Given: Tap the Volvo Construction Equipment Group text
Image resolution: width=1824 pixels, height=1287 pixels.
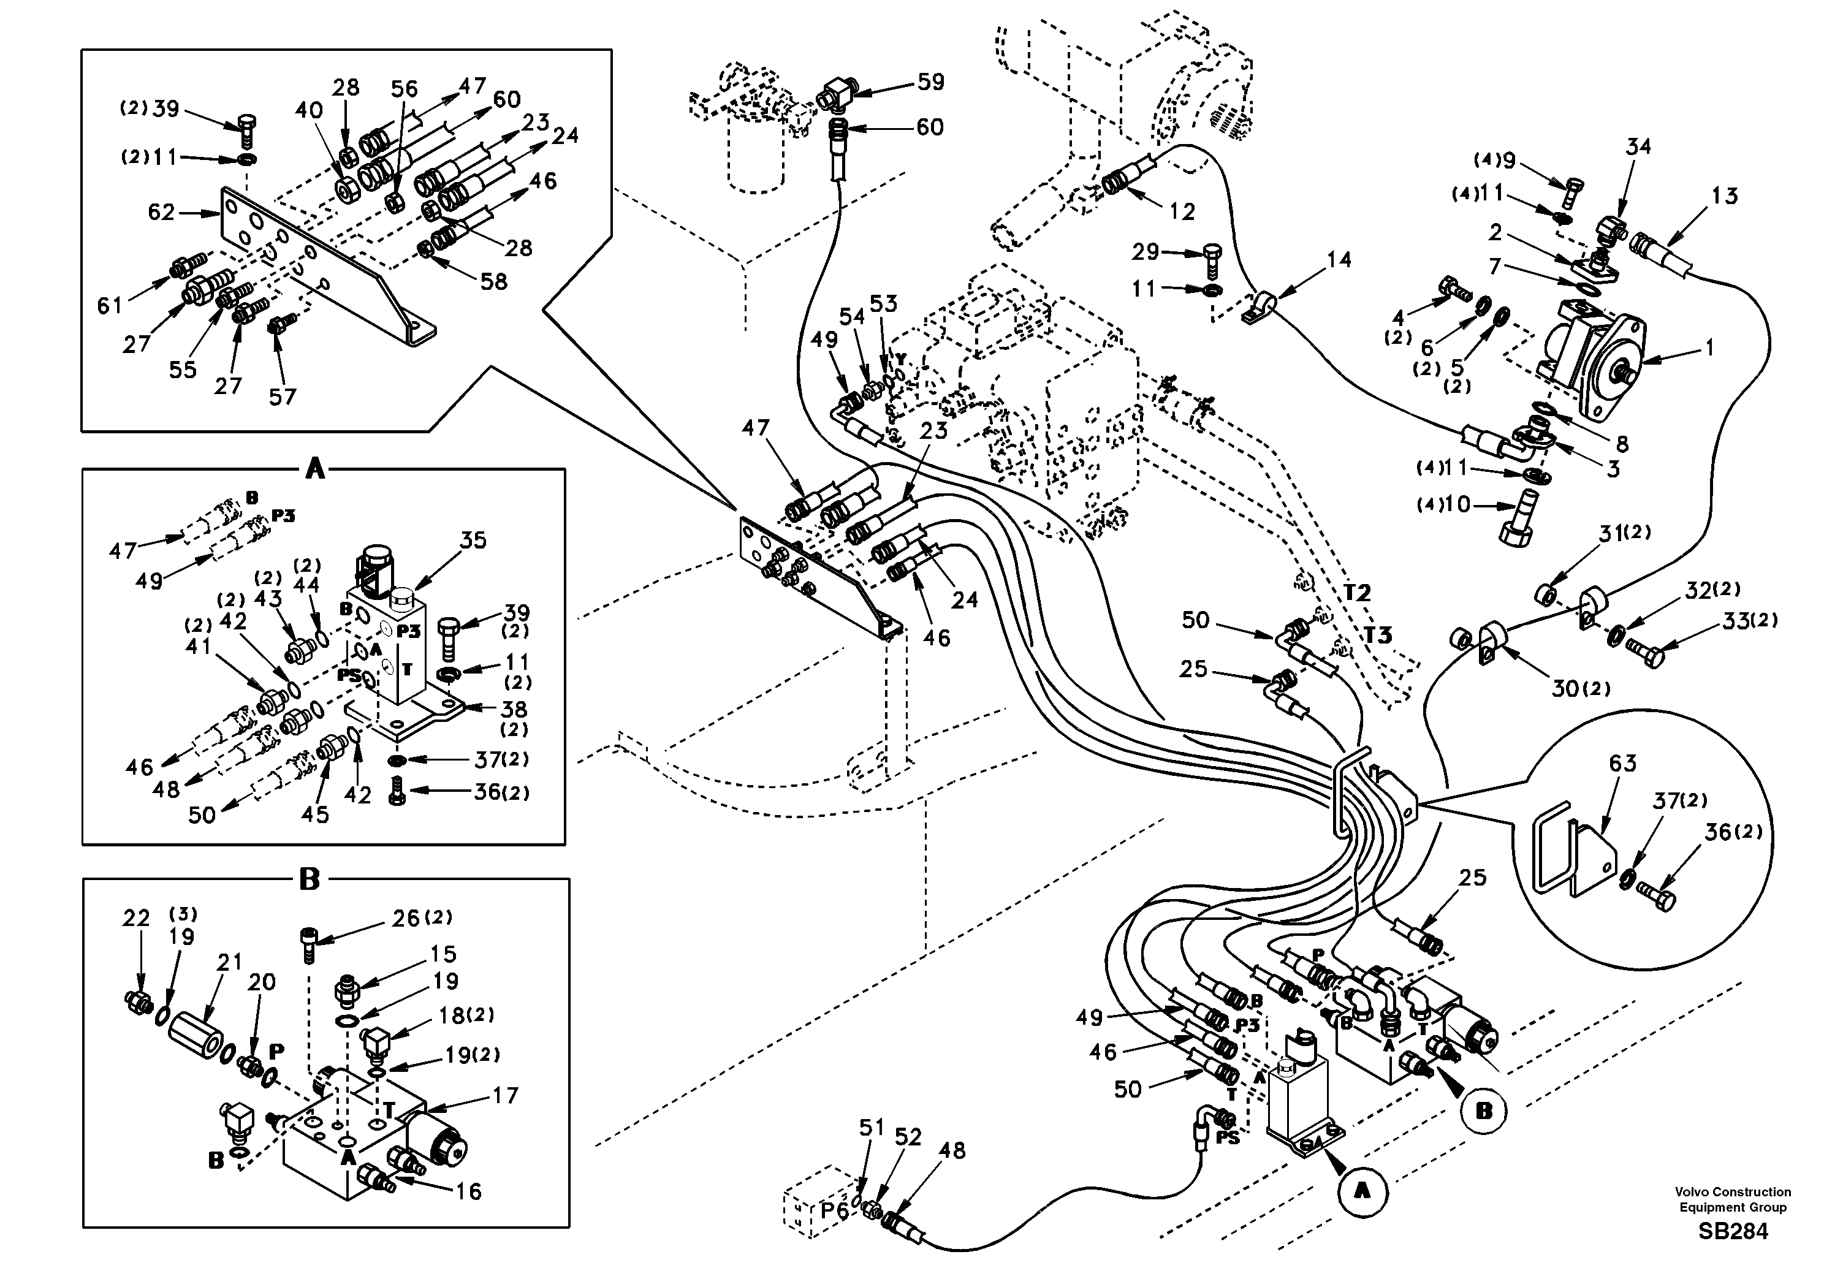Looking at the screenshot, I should coord(1733,1199).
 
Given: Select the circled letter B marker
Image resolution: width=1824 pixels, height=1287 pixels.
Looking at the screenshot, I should coord(1483,1110).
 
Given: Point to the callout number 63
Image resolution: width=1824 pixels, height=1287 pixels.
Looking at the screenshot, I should coord(1622,764).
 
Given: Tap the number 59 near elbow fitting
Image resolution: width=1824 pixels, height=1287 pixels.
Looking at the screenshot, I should coord(930,82).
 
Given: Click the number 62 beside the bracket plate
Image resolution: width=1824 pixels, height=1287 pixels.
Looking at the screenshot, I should coord(161,212).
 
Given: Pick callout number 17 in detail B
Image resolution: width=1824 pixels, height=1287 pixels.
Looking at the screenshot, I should coord(505,1096).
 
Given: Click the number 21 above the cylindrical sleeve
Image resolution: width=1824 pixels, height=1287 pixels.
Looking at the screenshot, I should coord(230,962).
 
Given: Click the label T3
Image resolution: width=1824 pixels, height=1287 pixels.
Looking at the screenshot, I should coord(1378,635).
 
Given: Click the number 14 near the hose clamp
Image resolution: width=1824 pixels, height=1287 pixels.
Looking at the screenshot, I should coord(1339,260).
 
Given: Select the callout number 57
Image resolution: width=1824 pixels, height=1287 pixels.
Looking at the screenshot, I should coord(282,397).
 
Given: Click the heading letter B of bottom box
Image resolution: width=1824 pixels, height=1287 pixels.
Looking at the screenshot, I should coord(308,879).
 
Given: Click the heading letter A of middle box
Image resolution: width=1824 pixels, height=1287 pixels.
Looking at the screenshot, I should coord(316,470).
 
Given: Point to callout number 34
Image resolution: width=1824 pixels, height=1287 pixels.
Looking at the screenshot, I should coord(1638,146).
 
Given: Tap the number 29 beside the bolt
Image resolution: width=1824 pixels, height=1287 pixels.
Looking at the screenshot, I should coord(1146,252).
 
